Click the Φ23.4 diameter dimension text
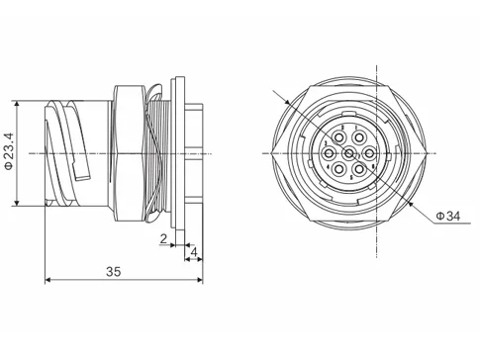[x=9, y=153]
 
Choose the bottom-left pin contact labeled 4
[x=339, y=169]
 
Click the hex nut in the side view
[x=130, y=153]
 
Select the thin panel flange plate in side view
[x=179, y=153]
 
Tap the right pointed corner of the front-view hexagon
[x=429, y=154]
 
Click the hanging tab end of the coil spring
[x=86, y=178]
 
